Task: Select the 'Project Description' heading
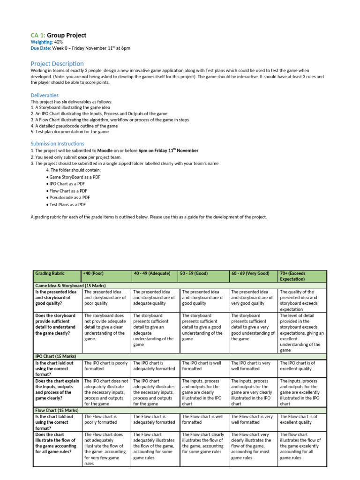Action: point(57,63)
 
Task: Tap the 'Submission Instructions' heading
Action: point(58,143)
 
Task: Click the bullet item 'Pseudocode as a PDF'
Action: point(69,198)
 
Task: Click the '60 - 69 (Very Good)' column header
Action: point(250,273)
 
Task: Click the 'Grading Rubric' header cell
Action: point(50,273)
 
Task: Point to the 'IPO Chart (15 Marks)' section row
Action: point(57,356)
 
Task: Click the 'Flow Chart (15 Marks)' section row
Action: point(57,410)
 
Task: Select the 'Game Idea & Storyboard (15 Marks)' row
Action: point(70,285)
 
